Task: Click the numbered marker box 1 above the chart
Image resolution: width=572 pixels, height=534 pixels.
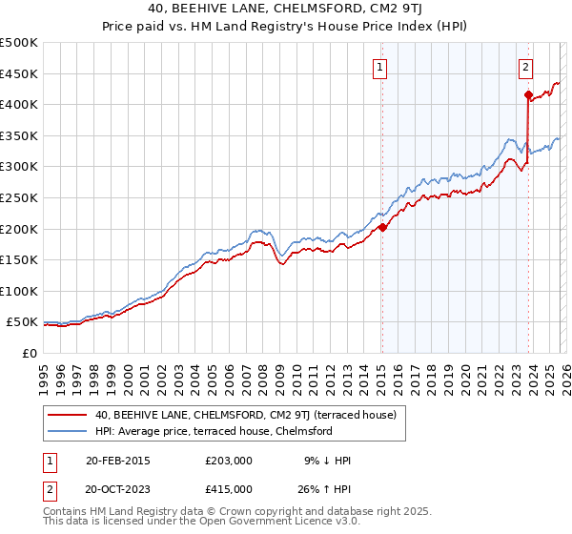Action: (x=380, y=67)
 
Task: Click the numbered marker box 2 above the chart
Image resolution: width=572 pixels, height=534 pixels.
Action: (x=525, y=67)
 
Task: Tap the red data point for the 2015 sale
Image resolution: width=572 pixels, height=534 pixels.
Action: (x=381, y=227)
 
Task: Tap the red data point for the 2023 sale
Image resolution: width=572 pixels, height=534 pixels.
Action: (x=527, y=94)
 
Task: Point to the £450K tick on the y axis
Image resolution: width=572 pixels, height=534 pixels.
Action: (x=19, y=73)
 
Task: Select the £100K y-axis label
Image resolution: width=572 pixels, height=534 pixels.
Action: (x=19, y=291)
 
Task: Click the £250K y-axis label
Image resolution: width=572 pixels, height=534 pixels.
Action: (x=19, y=197)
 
